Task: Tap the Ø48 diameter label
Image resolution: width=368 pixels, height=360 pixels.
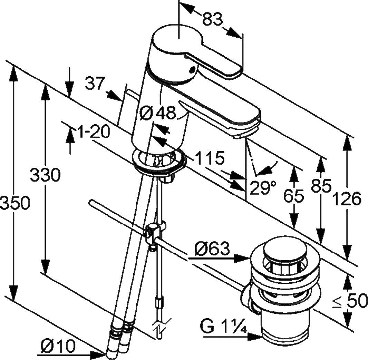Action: pyautogui.click(x=158, y=113)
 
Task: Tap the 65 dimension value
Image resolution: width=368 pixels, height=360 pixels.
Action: pyautogui.click(x=294, y=196)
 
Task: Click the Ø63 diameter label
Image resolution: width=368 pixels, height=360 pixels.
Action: pyautogui.click(x=212, y=248)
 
